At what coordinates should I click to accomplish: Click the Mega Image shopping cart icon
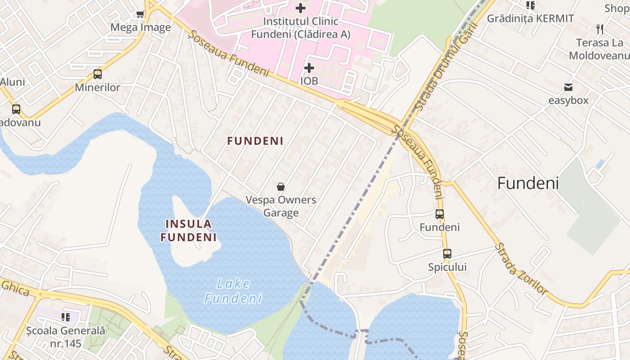click(140, 14)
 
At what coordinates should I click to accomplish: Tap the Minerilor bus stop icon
click(98, 74)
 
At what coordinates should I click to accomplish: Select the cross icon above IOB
click(309, 68)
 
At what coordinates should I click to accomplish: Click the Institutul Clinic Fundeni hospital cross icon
click(301, 8)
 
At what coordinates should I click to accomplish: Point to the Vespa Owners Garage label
click(281, 206)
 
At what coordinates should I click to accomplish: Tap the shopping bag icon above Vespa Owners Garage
click(281, 187)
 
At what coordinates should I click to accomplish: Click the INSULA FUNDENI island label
click(189, 230)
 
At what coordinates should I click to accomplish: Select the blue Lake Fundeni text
click(233, 291)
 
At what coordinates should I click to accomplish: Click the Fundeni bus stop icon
click(440, 214)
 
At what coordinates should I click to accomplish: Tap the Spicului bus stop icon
click(447, 254)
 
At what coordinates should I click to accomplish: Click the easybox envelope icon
click(568, 87)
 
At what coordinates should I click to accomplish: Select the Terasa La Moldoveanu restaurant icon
click(600, 29)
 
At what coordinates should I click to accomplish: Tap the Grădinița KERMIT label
click(531, 18)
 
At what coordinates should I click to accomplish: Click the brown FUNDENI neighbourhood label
click(255, 141)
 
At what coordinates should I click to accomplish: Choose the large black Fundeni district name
click(528, 183)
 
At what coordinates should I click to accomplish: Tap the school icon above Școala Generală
click(66, 317)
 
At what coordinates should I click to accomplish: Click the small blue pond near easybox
click(600, 164)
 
